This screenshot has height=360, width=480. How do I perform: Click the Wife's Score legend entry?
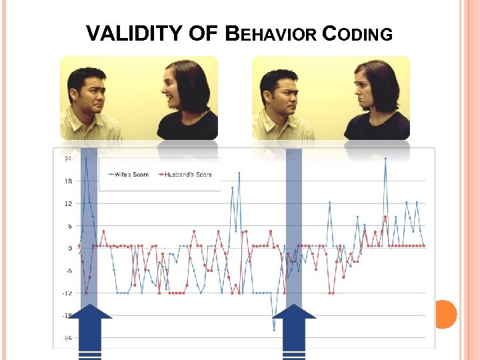pos(131,175)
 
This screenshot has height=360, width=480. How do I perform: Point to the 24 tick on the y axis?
pos(67,159)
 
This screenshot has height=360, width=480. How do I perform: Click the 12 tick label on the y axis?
pos(67,203)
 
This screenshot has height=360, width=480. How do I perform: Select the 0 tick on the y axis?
pos(69,248)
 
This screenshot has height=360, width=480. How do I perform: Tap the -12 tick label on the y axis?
pos(67,293)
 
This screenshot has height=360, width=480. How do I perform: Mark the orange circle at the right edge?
pos(445,314)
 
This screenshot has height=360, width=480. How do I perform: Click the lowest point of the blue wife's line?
pos(273,329)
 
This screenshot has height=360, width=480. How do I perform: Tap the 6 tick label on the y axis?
pos(69,226)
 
